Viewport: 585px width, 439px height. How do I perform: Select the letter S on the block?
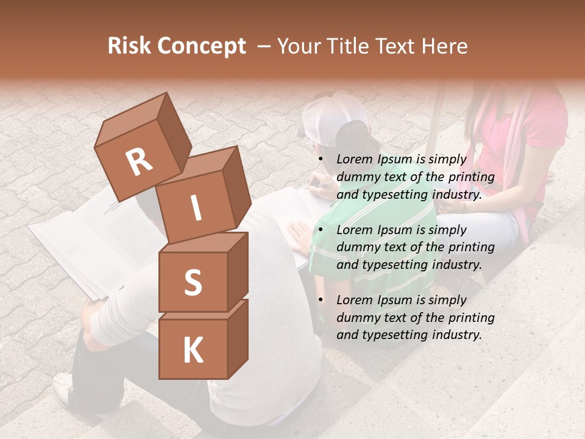(x=193, y=282)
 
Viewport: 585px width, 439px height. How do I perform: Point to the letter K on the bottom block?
(x=193, y=351)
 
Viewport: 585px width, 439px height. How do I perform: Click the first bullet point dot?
(x=321, y=160)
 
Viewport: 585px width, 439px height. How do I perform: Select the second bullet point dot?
(x=321, y=230)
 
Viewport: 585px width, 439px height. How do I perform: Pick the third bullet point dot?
(x=321, y=300)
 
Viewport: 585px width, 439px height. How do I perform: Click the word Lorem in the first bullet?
(x=354, y=160)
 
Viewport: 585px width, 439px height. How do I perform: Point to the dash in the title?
(x=264, y=46)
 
